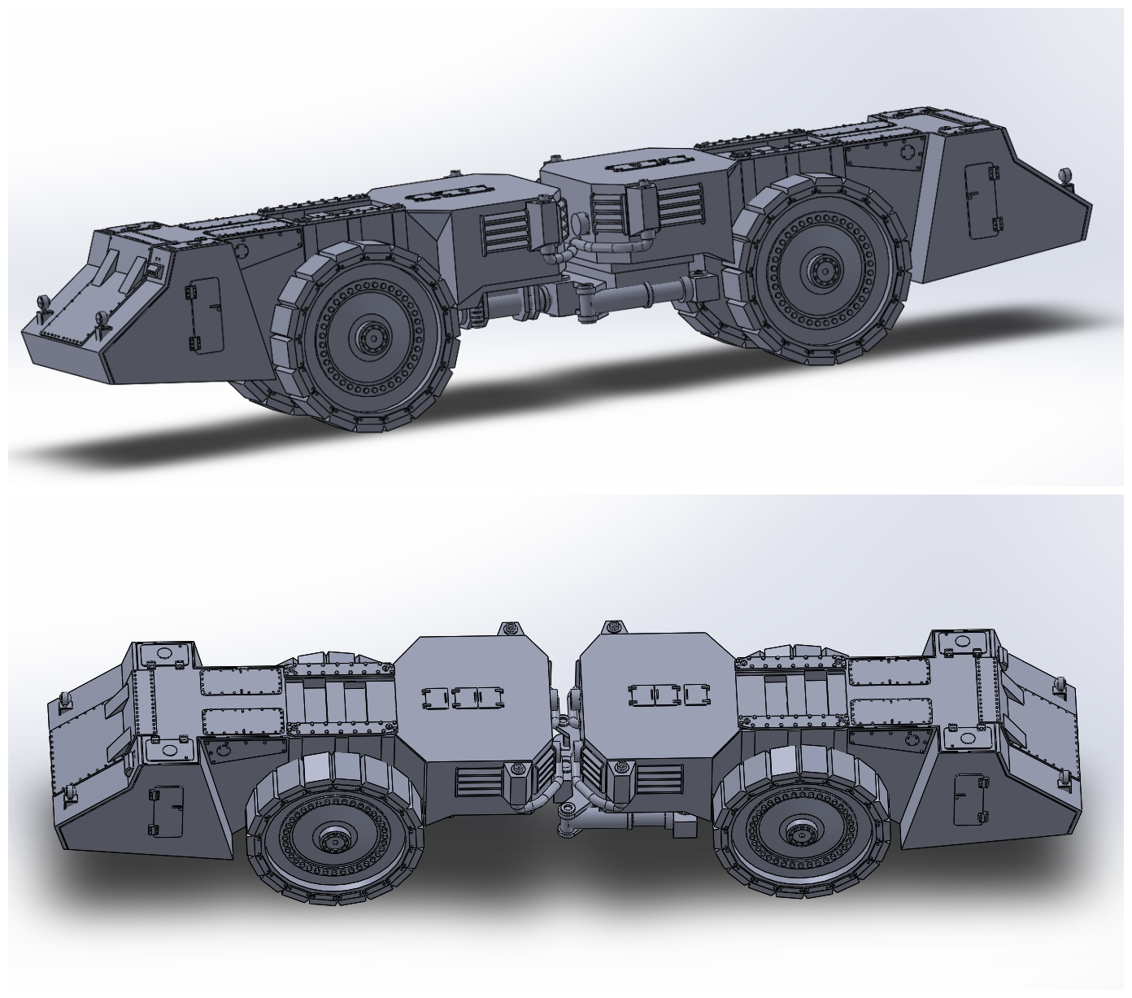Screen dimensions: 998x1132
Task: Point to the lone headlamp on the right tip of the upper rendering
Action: (x=1065, y=174)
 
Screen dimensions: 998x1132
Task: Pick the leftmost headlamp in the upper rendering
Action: (x=43, y=302)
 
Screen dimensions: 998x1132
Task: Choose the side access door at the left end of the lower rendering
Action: (x=164, y=809)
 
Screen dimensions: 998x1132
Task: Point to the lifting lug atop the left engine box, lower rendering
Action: (x=509, y=629)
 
